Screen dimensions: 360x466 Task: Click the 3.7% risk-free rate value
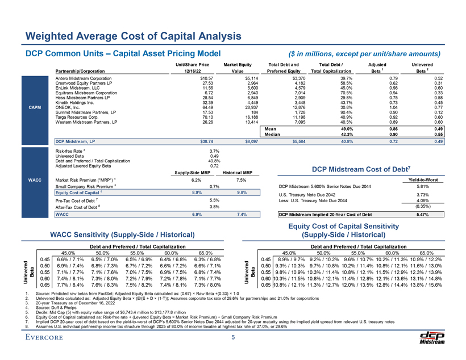[214, 152]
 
